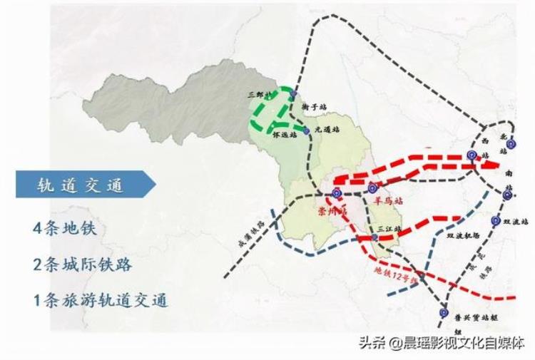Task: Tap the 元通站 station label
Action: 325,129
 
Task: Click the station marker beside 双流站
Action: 495,221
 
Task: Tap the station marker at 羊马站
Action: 373,188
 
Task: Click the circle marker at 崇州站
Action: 337,193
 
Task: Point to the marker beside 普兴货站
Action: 444,312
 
